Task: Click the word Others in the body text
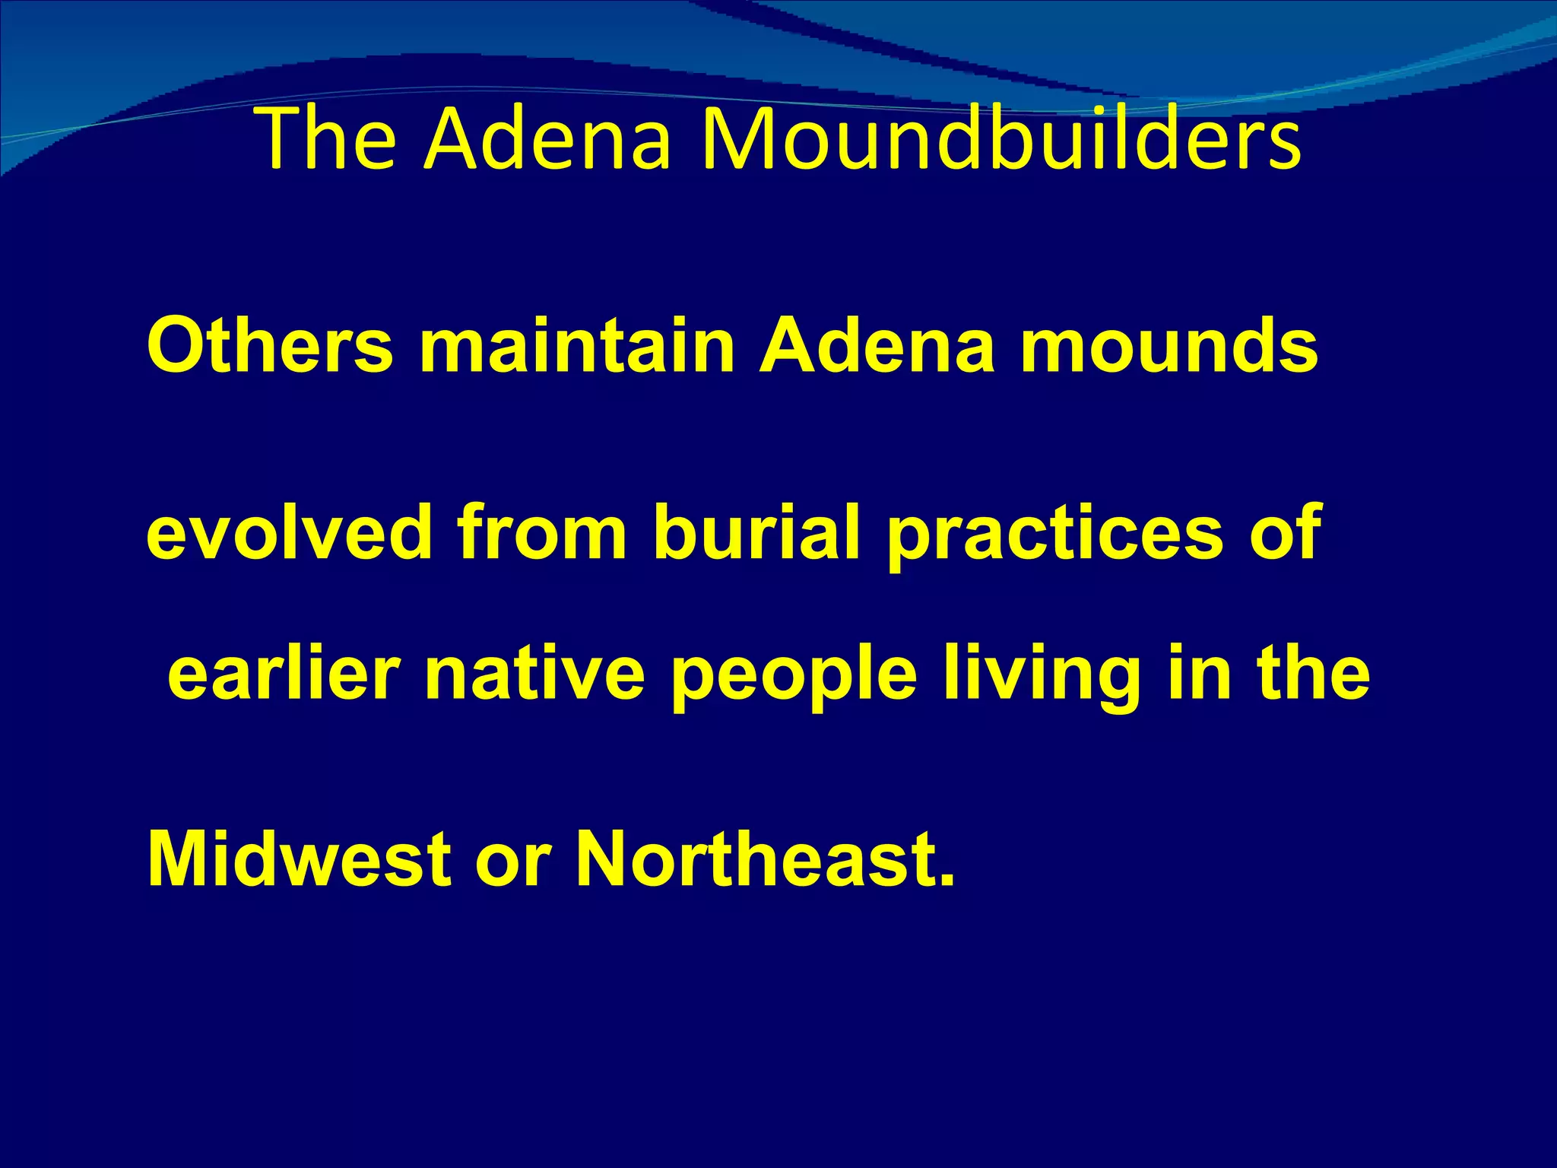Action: [270, 346]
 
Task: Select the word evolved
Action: [290, 532]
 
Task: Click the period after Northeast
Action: [946, 881]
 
